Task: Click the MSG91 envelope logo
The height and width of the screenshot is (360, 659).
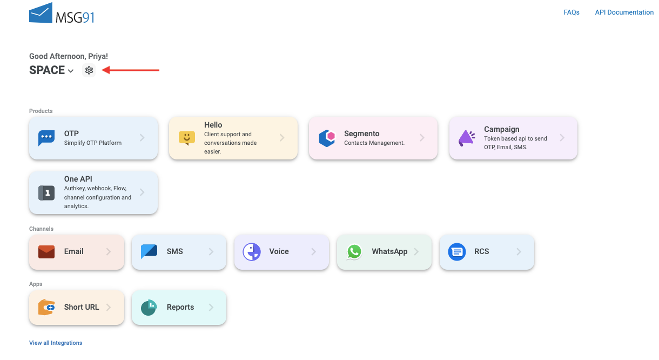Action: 41,12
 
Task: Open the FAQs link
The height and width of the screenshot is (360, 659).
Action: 571,12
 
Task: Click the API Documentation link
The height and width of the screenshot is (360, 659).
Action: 624,12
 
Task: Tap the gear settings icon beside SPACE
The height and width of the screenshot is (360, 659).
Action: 89,70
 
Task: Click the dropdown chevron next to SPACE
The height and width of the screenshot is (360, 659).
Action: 71,71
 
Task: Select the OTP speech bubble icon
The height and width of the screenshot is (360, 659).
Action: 46,138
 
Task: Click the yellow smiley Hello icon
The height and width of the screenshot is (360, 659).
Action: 187,138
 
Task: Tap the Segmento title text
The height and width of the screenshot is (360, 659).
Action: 361,134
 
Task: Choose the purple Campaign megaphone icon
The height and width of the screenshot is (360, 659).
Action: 467,138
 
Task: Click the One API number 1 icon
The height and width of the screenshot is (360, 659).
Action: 46,193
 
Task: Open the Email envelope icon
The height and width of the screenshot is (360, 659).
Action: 46,252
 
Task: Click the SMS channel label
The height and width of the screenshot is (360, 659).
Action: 175,251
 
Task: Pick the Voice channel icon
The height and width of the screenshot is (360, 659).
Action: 252,252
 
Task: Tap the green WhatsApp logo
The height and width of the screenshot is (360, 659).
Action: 354,252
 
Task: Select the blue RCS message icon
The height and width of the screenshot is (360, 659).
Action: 457,252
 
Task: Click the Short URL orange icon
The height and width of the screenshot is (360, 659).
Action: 46,308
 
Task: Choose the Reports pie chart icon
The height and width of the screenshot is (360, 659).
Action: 149,308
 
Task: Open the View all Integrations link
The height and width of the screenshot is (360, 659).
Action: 56,343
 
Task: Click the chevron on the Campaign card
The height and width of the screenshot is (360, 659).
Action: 562,137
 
